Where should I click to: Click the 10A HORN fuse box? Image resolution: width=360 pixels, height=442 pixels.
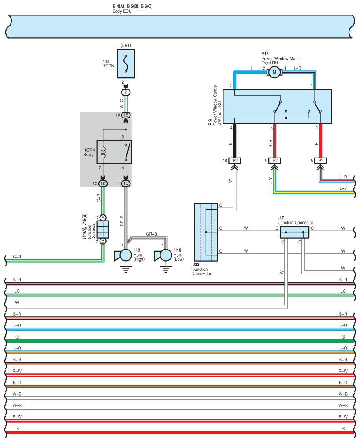click(x=126, y=64)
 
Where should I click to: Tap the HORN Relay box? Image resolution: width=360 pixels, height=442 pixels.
click(x=114, y=152)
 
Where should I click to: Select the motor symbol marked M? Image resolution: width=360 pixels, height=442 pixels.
click(x=275, y=72)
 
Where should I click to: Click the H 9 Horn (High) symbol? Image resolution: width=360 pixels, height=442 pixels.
click(x=123, y=255)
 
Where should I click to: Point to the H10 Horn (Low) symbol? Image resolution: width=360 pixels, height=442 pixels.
click(x=163, y=255)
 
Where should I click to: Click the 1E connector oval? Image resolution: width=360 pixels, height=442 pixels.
click(x=126, y=115)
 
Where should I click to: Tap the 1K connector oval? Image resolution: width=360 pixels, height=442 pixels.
click(x=103, y=184)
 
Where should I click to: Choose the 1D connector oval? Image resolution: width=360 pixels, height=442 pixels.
click(x=126, y=184)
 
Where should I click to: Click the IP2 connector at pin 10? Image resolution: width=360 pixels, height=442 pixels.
click(x=234, y=161)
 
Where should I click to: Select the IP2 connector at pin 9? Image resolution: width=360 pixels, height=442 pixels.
click(x=275, y=161)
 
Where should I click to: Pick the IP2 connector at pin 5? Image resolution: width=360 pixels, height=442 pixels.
click(x=320, y=161)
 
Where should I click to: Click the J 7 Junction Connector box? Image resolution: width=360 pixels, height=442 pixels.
click(x=294, y=232)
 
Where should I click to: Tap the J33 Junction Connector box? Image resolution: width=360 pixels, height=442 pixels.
click(x=206, y=232)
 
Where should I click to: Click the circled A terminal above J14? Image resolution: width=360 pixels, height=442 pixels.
click(x=103, y=217)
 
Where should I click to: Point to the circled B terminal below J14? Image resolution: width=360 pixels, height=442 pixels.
click(x=103, y=241)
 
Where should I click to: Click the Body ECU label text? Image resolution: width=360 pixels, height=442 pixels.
click(x=122, y=11)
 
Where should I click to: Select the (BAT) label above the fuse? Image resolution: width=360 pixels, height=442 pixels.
click(x=126, y=45)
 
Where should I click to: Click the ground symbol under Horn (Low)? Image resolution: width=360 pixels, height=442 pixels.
click(x=166, y=270)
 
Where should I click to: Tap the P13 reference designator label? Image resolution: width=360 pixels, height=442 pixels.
click(x=265, y=54)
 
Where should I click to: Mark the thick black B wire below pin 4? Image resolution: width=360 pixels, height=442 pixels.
click(x=234, y=141)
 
